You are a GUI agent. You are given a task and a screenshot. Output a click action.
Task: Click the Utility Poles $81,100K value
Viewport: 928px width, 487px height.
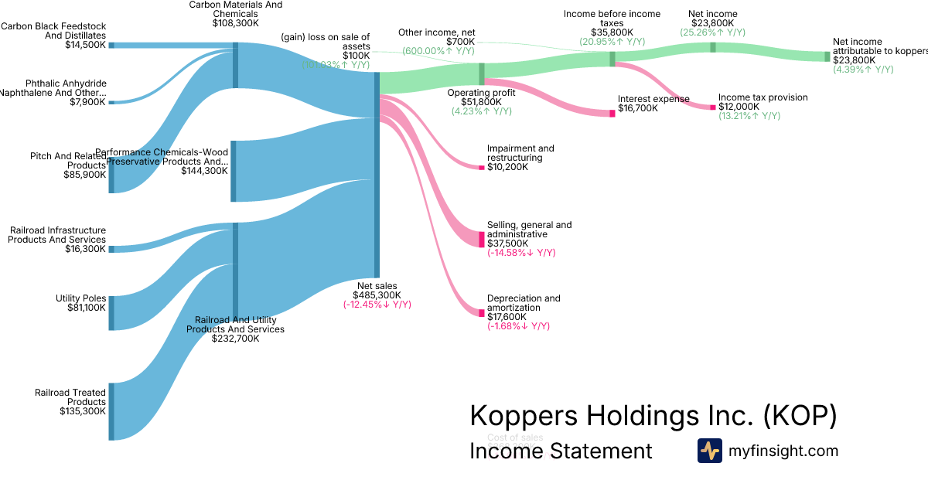click(87, 308)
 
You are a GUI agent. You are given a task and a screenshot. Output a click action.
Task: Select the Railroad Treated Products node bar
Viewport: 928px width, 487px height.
click(111, 411)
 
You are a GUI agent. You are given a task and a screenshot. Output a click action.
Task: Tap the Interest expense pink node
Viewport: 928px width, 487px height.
click(612, 114)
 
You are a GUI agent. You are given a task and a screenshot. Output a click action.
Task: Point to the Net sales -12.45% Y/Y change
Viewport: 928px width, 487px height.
click(377, 305)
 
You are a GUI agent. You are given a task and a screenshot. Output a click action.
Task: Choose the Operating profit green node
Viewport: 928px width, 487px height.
click(481, 74)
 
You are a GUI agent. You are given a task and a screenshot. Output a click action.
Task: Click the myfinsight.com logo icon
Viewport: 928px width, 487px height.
click(709, 451)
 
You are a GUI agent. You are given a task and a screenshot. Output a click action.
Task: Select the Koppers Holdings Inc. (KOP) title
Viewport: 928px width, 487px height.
click(653, 416)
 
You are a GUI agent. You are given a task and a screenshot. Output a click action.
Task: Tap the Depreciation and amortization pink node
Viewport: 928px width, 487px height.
click(481, 312)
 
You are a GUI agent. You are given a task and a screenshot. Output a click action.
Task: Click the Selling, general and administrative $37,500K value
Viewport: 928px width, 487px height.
click(507, 243)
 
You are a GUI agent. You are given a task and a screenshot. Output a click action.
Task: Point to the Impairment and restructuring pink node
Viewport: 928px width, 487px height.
click(481, 168)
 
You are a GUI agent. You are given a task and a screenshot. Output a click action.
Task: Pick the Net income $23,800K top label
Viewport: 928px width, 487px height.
click(712, 23)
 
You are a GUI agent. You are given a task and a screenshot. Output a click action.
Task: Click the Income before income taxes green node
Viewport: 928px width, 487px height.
click(612, 59)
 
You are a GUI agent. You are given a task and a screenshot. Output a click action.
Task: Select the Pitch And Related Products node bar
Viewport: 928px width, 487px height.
click(111, 175)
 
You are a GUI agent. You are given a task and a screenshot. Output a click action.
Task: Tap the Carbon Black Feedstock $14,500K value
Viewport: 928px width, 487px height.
click(86, 45)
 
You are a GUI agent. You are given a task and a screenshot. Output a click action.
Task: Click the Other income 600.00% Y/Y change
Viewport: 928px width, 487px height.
click(438, 50)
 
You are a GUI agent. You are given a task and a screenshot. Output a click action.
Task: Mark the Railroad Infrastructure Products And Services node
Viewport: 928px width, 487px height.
click(111, 249)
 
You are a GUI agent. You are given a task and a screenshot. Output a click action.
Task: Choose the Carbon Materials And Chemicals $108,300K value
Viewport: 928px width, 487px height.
click(236, 23)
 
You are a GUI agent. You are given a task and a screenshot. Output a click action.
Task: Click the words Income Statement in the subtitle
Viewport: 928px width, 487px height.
click(561, 451)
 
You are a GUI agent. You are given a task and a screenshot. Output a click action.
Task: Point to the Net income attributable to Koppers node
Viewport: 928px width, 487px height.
click(827, 56)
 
